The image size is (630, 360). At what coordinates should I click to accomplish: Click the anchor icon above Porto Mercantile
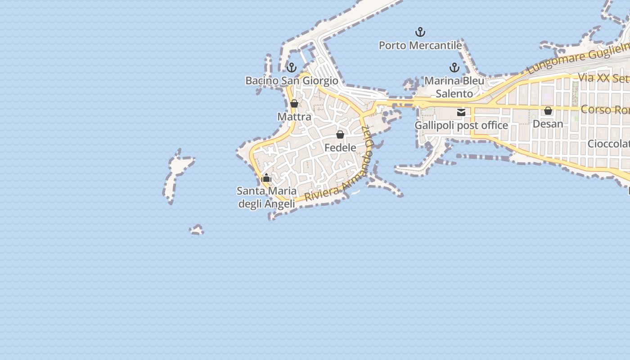tap(420, 32)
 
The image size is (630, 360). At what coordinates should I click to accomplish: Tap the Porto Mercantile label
tap(420, 45)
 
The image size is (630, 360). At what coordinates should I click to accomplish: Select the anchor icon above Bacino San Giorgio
tap(292, 68)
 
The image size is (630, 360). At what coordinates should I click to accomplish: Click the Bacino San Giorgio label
tap(292, 81)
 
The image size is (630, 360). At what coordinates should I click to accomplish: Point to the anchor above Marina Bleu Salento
tap(454, 68)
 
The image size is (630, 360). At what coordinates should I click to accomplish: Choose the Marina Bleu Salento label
tap(454, 87)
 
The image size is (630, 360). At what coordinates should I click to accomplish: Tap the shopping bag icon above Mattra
tap(294, 104)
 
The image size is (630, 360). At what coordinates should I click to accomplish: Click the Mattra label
tap(294, 117)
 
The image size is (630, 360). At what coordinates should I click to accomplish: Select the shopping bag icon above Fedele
tap(340, 135)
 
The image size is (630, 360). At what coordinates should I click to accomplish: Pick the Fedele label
tap(340, 148)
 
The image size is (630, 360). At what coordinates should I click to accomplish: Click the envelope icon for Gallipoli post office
tap(461, 112)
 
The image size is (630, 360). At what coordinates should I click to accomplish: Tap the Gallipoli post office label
tap(461, 126)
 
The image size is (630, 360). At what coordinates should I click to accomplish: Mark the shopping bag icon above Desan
tap(548, 111)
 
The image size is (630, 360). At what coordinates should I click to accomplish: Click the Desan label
tap(548, 124)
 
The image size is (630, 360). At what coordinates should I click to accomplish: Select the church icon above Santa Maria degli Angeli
tap(266, 178)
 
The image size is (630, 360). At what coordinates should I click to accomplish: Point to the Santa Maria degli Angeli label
tap(266, 197)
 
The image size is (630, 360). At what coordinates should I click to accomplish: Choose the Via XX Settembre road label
tap(603, 78)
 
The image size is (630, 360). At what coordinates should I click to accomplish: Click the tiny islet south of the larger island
tap(197, 230)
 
